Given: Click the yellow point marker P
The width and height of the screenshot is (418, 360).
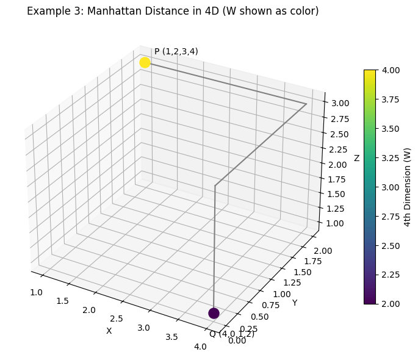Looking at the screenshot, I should (x=145, y=63).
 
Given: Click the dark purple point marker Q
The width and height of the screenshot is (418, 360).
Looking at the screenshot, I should (x=214, y=313).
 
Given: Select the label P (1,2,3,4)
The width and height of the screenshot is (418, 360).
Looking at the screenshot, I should (x=176, y=51).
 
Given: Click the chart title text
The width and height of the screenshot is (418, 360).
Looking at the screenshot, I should (x=173, y=11).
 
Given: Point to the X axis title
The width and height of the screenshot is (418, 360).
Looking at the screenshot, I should (x=109, y=331).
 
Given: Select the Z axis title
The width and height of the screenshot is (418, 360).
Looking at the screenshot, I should (x=357, y=159).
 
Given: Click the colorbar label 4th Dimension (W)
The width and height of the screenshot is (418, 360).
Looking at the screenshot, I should (x=408, y=187).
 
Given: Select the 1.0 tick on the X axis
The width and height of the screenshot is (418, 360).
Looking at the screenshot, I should (x=36, y=292).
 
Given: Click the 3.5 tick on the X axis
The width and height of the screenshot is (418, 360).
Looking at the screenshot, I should (x=172, y=337).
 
